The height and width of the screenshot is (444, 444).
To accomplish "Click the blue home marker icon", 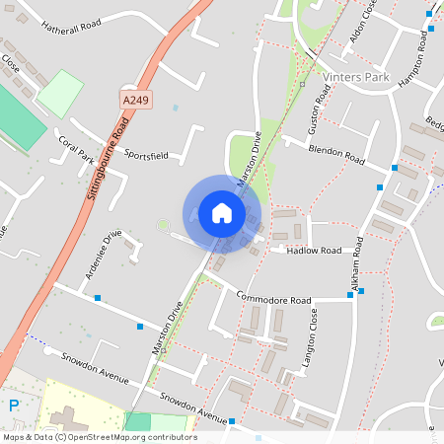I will click(x=222, y=212).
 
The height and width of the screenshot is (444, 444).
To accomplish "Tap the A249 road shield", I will click(x=136, y=100).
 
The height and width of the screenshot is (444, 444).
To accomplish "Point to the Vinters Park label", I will click(x=356, y=76).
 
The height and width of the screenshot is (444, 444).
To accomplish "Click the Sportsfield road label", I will click(x=146, y=155).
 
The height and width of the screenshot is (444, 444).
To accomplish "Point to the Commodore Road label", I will click(x=273, y=299).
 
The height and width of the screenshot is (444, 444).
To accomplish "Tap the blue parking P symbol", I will click(x=14, y=406).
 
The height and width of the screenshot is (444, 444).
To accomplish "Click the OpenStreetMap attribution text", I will click(x=100, y=437).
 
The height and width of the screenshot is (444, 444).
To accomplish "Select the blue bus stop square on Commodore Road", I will click(x=361, y=291).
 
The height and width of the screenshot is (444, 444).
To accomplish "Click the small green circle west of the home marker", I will click(x=163, y=226).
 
